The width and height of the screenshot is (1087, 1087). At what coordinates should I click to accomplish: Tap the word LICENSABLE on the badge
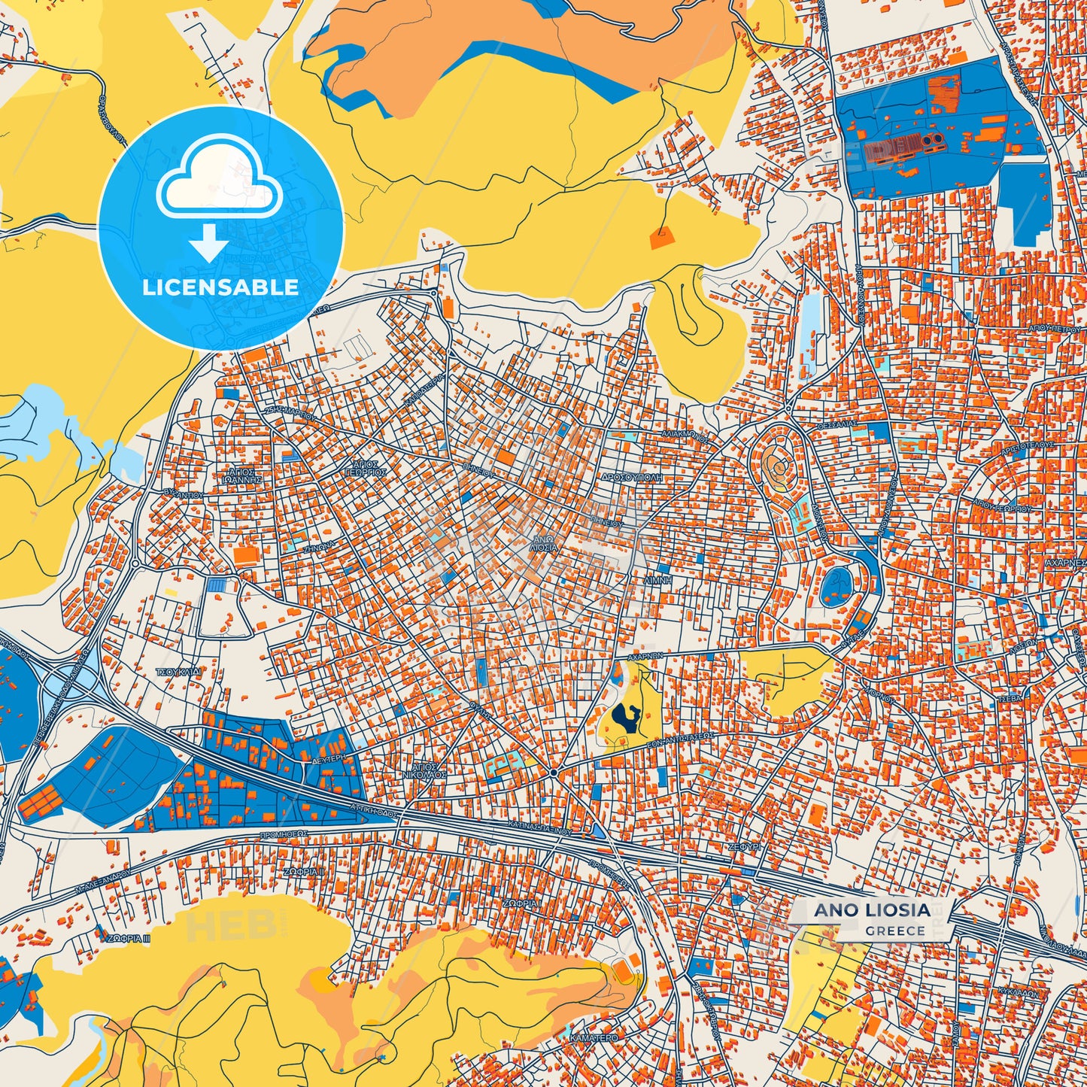click(x=220, y=287)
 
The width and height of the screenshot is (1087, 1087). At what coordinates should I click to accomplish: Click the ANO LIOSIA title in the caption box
click(x=872, y=909)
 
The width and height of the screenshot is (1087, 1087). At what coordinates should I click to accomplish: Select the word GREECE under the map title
click(x=895, y=931)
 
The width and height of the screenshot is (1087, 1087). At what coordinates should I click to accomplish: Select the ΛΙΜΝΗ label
click(x=657, y=581)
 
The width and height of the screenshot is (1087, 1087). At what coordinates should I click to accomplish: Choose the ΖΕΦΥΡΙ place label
click(x=745, y=846)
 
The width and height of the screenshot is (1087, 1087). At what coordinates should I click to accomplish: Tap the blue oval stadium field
click(x=835, y=587)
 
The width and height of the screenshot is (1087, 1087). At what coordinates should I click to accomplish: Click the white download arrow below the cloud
click(x=209, y=244)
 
